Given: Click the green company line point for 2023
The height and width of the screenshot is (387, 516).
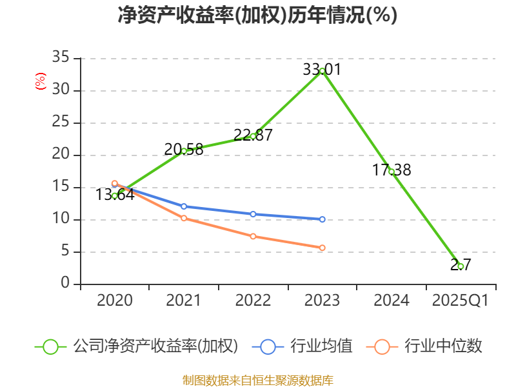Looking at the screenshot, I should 322,70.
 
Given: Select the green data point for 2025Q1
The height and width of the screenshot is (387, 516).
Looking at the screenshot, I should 461,266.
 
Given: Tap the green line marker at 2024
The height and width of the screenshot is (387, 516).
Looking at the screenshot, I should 392,172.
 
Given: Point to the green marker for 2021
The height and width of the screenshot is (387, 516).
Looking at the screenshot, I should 184,151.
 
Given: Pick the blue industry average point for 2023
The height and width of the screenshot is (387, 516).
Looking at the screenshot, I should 322,219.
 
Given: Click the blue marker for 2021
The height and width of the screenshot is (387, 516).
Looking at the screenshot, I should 184,206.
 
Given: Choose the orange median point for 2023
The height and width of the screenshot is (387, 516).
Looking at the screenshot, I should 322,248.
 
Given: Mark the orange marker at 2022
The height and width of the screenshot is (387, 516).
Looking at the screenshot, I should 253,236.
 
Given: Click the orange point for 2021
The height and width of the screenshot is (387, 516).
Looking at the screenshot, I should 184,218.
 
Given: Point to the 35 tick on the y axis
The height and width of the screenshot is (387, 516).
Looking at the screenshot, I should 61,58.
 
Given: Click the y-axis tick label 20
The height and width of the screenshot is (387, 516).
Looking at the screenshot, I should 61,155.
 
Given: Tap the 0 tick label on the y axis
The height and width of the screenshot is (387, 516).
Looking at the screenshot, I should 65,284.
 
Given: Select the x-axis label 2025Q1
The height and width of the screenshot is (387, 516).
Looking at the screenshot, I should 461,301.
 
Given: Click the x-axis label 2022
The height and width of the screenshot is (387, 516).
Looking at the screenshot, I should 253,301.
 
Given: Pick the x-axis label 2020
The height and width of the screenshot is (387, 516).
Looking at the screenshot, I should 115,301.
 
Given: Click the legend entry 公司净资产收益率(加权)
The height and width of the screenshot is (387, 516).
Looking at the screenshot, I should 155,346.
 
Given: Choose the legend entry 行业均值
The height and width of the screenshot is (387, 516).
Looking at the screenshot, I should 321,346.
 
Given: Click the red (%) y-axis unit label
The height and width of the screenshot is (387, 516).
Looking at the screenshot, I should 41,82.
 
